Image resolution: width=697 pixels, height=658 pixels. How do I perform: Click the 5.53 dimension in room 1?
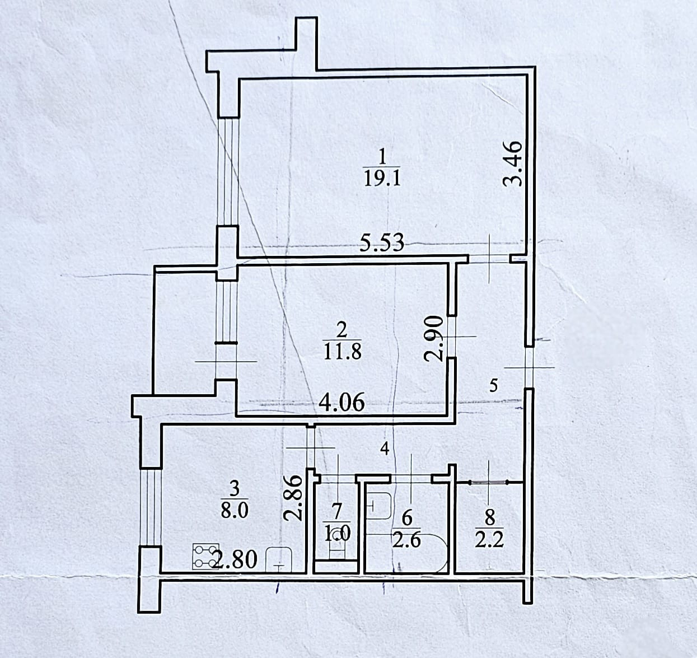point(381,244)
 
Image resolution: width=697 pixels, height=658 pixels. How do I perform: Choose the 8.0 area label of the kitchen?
point(235,511)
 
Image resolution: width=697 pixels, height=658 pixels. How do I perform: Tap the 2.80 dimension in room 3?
point(235,559)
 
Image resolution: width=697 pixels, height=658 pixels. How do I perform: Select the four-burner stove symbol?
point(205,556)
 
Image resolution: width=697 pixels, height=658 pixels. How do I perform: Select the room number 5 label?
point(493,385)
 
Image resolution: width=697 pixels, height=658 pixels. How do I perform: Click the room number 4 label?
point(384,447)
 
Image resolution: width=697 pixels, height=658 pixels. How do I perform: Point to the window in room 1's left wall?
point(228,171)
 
